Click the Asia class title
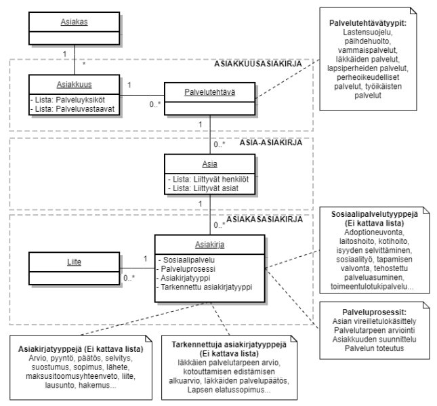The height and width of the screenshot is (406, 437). (x=209, y=163)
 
